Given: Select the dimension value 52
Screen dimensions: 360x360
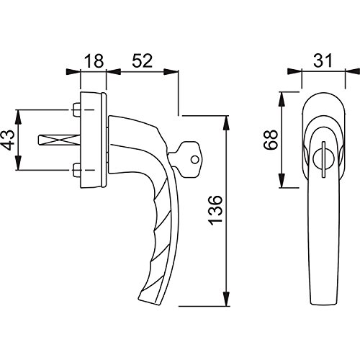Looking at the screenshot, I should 142,60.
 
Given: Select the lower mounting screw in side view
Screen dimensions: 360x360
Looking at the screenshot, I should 77,170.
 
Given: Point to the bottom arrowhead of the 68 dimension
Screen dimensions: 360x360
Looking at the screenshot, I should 282,186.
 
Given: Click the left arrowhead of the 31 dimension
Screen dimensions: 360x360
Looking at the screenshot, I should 291,72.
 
